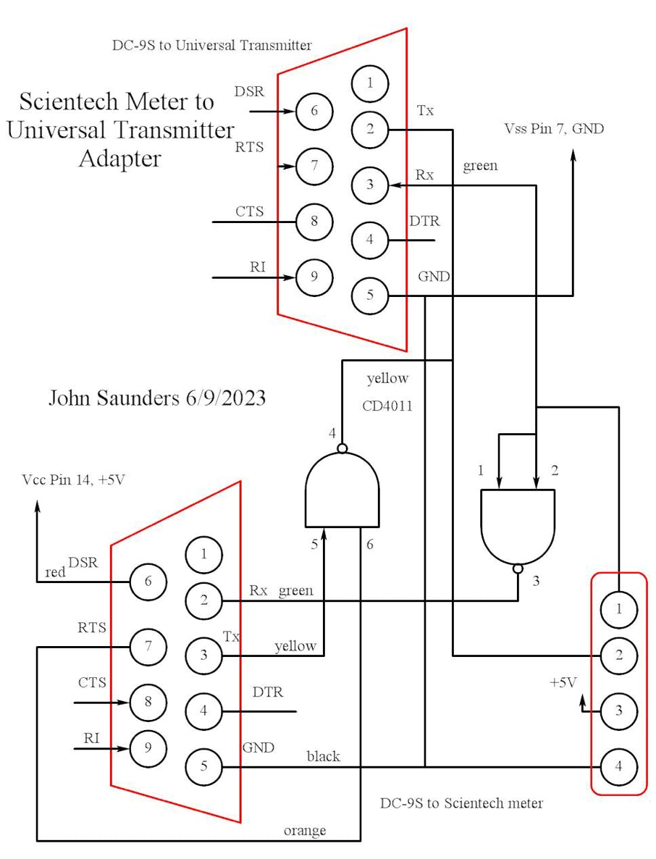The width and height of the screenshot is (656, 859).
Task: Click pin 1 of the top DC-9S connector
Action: [370, 83]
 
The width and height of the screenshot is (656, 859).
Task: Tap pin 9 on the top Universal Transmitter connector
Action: [314, 276]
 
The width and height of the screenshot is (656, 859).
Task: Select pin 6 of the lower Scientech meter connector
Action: [148, 581]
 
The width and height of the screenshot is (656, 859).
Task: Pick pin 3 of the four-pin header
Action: [618, 710]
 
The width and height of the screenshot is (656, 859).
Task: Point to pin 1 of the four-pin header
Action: [618, 609]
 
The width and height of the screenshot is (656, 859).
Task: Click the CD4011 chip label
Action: [387, 406]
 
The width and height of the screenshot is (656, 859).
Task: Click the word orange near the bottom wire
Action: [304, 830]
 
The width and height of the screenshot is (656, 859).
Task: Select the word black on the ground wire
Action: [323, 756]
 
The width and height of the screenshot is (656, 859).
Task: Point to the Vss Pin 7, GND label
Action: [554, 129]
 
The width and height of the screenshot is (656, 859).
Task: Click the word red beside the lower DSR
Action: [54, 572]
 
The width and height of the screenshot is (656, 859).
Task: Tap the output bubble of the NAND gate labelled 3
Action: [517, 569]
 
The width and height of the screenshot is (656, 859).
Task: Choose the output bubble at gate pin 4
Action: [342, 448]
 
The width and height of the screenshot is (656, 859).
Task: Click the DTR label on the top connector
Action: [424, 221]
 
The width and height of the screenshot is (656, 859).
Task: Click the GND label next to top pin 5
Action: [434, 277]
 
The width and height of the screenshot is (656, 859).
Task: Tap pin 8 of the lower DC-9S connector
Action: [148, 701]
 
